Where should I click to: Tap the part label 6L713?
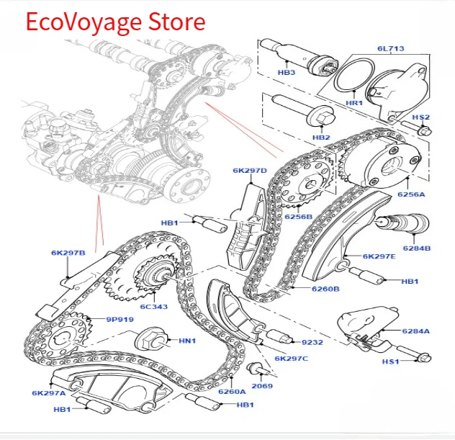point(390,49)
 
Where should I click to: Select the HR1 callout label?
point(354,103)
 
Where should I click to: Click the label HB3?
point(287,73)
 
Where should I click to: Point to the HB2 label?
point(321,138)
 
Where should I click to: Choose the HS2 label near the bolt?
point(421,117)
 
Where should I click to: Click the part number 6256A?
point(411,194)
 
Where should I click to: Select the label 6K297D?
point(249,171)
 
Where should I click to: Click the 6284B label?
point(416,248)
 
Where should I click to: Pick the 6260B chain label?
point(325,289)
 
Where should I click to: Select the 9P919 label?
point(121,319)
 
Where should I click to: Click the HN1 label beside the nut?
point(187,341)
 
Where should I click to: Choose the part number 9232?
point(312,342)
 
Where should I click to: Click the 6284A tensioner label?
point(416,331)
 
